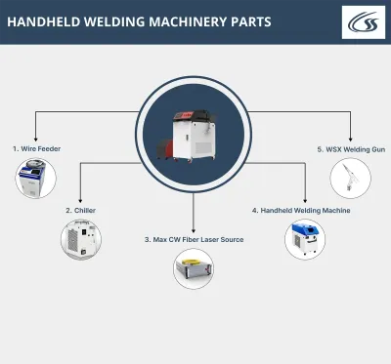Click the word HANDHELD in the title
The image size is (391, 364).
45,21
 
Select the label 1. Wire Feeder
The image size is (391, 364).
36,148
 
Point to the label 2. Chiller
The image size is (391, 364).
81,210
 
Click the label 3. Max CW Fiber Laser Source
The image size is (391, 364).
195,238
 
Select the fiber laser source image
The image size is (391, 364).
194,269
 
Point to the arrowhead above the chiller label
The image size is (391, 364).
81,199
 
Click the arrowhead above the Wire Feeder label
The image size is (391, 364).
36,138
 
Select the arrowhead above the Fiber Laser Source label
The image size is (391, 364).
195,227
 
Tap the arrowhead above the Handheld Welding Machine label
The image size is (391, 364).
306,199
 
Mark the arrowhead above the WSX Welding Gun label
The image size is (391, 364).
350,138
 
